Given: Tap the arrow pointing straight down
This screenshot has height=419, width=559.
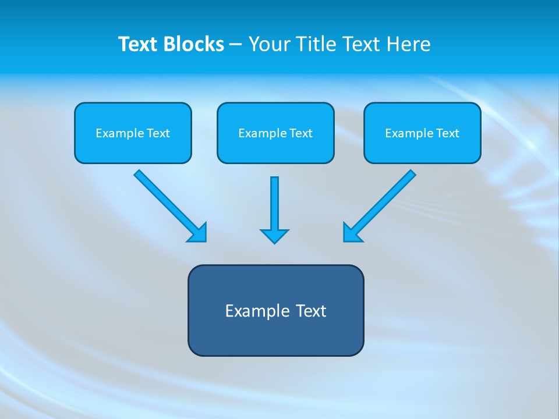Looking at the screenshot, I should point(274,204).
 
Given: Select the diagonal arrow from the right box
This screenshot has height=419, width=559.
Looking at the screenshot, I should point(384,201).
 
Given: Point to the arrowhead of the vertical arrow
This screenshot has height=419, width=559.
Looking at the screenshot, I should point(274,236).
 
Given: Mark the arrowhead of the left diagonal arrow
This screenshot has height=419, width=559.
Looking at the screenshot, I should point(199,233).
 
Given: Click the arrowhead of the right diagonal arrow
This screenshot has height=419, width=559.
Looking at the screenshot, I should point(352,233).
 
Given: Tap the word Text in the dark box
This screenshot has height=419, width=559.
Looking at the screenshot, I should point(311,311).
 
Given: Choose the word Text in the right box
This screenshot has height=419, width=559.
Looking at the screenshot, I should point(448,133).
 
